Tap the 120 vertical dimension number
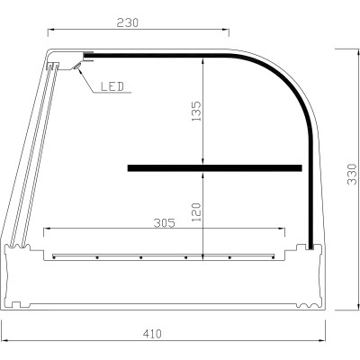click(197, 212)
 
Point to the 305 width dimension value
click(162, 220)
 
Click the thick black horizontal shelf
click(214, 167)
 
